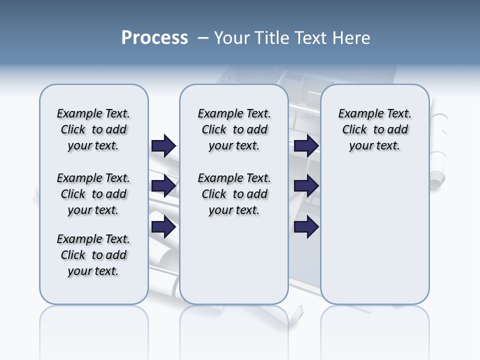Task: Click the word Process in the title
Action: coord(154,38)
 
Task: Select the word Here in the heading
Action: coord(352,38)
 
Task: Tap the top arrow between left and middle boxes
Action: coord(163,145)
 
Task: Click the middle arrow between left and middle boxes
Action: coord(163,186)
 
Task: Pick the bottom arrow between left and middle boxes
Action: coord(163,227)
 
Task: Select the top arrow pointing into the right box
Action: coord(306,145)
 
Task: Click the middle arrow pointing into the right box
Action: coord(306,186)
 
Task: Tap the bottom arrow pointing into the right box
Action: coord(306,227)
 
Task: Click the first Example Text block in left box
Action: coord(93,129)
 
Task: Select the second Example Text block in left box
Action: coord(93,194)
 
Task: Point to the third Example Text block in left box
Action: coord(93,255)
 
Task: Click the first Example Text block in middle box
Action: coord(234,129)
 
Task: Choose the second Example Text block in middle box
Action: coord(234,194)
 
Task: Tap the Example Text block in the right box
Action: coord(374,129)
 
